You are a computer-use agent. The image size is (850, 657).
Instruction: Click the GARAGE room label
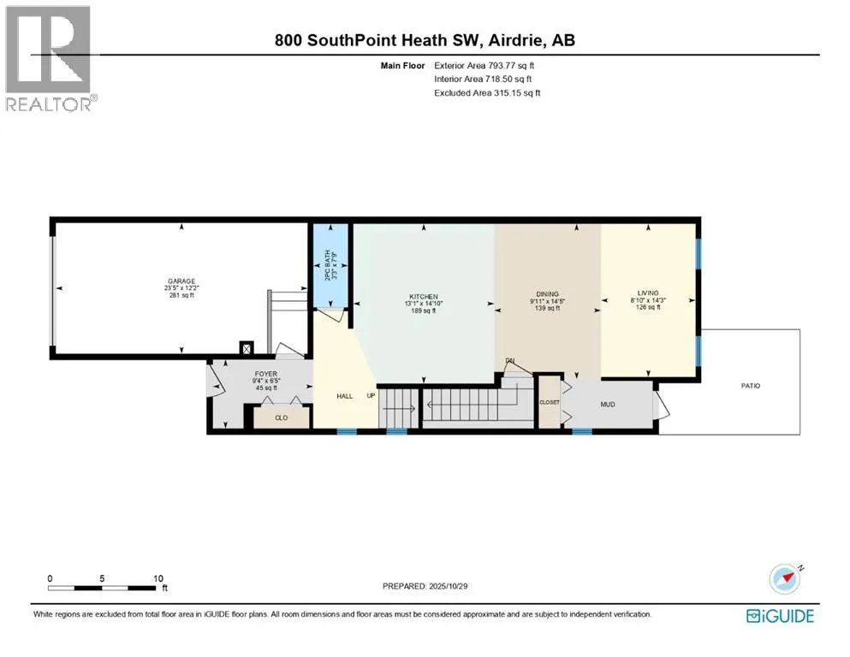tap(181, 281)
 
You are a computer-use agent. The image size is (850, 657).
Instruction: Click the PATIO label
tap(750, 386)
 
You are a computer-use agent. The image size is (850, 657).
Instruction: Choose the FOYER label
tap(265, 374)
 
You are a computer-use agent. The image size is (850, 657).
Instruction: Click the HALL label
tap(344, 396)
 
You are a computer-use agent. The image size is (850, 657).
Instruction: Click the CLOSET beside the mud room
tap(549, 402)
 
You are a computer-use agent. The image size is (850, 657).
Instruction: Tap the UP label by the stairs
tap(371, 396)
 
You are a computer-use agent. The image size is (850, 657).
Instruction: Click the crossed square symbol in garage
tap(247, 348)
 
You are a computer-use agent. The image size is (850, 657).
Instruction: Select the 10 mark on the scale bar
tap(158, 578)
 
